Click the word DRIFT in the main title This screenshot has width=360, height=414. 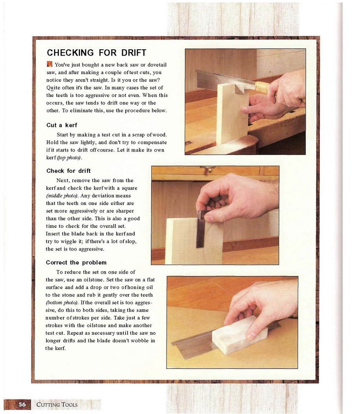134,53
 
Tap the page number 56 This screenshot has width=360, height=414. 22,405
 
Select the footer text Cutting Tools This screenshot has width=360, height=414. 57,405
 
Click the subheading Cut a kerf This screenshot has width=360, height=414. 62,125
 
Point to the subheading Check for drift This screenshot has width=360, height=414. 68,171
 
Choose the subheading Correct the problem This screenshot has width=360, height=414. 76,263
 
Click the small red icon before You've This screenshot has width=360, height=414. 50,64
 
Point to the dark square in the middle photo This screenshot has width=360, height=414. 201,229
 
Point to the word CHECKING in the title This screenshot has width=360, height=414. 70,53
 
